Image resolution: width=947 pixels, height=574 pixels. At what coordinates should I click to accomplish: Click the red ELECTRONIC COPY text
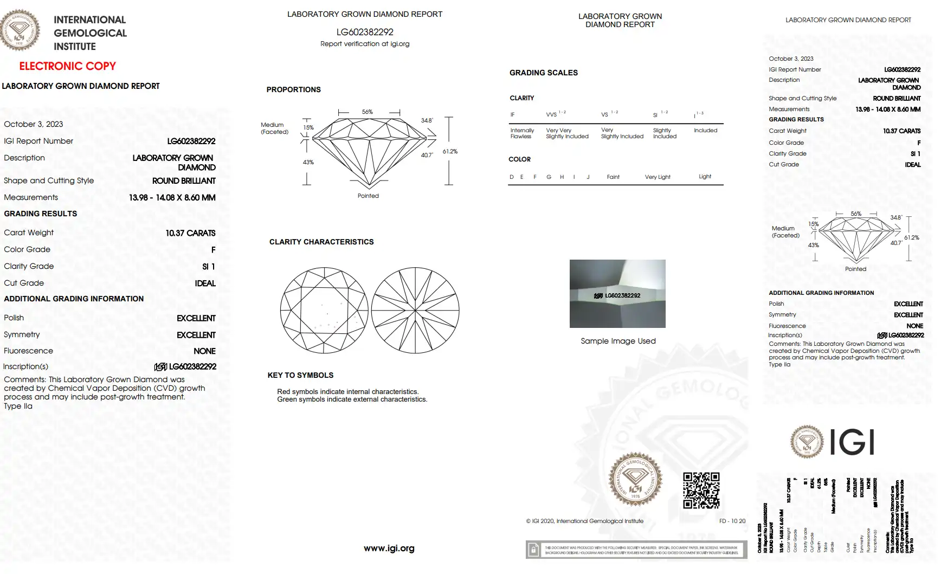click(x=67, y=66)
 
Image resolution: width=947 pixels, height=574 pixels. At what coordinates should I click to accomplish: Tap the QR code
click(x=701, y=490)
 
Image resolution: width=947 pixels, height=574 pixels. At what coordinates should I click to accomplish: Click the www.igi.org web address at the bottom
click(x=389, y=548)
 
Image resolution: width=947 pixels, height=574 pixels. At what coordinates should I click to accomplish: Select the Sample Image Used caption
click(x=618, y=341)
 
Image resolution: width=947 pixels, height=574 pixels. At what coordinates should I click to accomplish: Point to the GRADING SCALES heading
click(x=543, y=73)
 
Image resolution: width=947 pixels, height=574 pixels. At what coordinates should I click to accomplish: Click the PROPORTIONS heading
click(x=293, y=89)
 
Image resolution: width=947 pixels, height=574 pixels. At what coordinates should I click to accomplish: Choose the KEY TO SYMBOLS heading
click(x=300, y=375)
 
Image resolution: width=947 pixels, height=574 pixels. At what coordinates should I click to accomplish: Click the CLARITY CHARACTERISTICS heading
click(x=321, y=242)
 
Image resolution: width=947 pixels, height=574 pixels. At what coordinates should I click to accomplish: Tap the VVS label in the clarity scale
click(x=551, y=114)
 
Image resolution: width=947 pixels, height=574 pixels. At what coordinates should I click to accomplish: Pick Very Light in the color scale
click(x=657, y=177)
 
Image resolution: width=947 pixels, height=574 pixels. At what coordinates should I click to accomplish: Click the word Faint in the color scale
click(x=613, y=177)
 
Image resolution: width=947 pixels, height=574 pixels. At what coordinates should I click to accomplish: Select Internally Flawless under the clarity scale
click(x=521, y=133)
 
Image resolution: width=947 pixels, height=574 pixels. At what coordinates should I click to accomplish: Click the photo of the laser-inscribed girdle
click(x=617, y=293)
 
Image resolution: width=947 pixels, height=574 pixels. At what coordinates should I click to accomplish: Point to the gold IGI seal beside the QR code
click(x=635, y=480)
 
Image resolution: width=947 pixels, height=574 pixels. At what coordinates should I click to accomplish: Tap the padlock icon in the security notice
click(x=533, y=550)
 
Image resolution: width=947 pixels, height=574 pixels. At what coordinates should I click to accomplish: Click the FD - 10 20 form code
click(x=732, y=521)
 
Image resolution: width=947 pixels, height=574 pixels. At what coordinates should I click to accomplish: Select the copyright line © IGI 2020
click(x=584, y=521)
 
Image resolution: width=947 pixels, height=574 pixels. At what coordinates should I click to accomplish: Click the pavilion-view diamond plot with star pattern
click(x=415, y=310)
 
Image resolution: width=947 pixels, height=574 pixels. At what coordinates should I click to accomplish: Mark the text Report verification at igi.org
click(x=364, y=44)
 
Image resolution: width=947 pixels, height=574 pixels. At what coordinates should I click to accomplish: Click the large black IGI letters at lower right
click(x=852, y=442)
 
